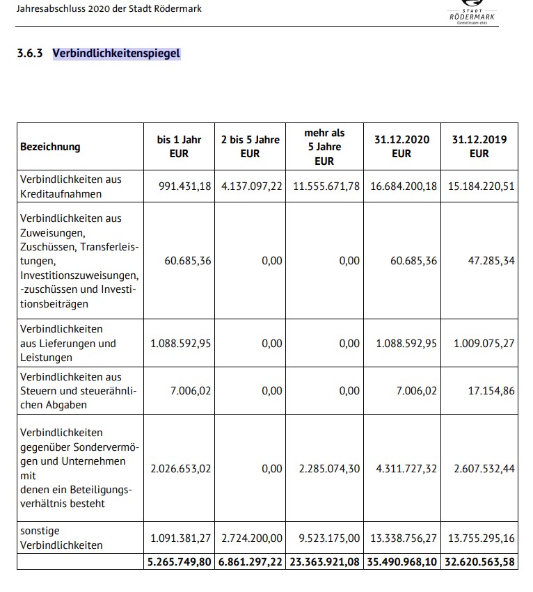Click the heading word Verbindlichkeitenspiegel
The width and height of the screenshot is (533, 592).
(116, 53)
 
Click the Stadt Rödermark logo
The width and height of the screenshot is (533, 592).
(473, 12)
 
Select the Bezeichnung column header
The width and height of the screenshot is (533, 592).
(50, 147)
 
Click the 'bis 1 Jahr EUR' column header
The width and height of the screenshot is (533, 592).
(179, 147)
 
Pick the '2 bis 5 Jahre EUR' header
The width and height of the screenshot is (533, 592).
(250, 147)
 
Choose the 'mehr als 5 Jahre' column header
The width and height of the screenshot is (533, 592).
(324, 147)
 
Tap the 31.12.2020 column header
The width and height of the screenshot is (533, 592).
(401, 147)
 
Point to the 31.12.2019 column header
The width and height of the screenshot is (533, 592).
(479, 147)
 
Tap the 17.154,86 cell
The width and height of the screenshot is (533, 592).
(491, 391)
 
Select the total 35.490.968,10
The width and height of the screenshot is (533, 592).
(401, 561)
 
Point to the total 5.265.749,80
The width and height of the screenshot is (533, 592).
(179, 561)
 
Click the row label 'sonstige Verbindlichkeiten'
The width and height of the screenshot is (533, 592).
(61, 538)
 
